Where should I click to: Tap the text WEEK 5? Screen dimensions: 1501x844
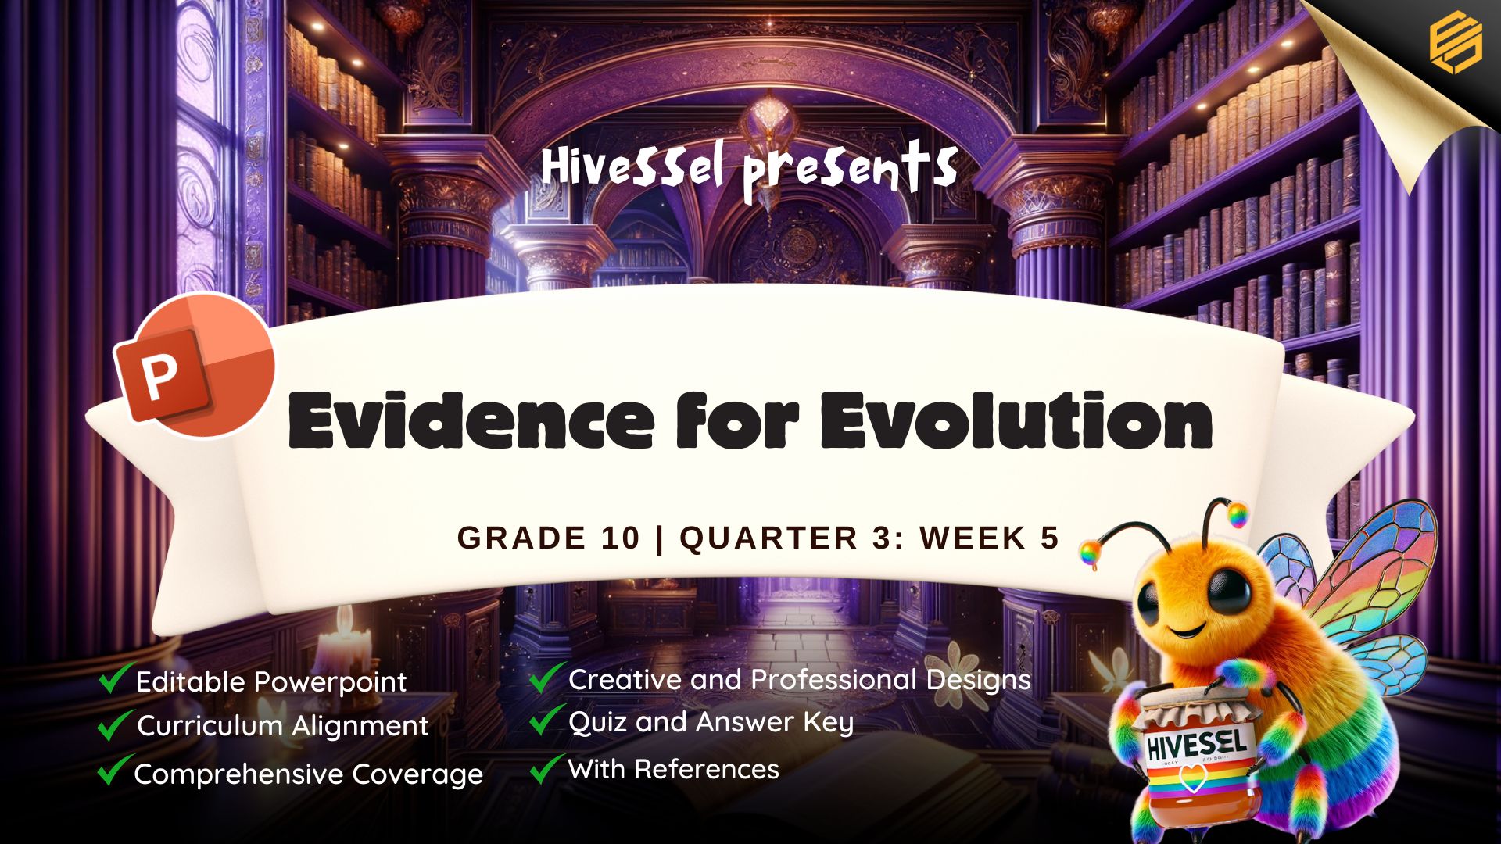[990, 538]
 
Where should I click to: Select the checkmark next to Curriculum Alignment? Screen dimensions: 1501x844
[115, 724]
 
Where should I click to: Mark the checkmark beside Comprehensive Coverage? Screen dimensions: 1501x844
[115, 771]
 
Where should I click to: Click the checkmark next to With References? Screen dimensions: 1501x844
[547, 768]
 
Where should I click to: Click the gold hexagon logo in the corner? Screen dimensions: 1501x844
[1456, 45]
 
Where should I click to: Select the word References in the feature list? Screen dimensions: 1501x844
[706, 769]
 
